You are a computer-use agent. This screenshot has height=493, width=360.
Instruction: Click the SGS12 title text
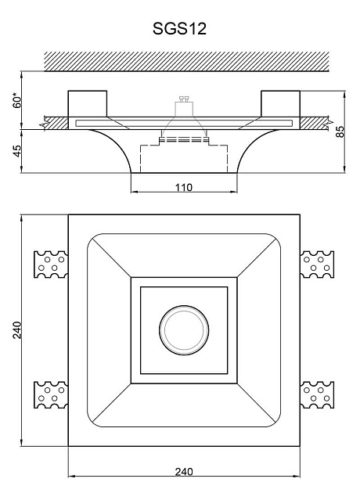(x=179, y=29)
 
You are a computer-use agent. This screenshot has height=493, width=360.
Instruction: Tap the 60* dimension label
(x=17, y=100)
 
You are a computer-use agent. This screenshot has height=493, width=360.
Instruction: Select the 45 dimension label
(x=17, y=151)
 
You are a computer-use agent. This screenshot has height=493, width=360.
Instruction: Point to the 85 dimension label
(x=340, y=131)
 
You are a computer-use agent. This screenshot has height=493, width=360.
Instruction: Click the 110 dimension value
(x=184, y=187)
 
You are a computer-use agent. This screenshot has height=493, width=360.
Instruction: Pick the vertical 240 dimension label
(x=17, y=329)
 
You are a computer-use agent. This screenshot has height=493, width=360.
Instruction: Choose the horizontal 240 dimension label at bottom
(x=184, y=472)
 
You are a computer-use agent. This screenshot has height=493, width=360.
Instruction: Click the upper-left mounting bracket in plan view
(x=51, y=264)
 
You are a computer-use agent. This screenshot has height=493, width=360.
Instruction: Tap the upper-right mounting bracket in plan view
(x=317, y=264)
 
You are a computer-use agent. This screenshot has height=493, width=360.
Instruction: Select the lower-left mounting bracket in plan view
(x=51, y=394)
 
